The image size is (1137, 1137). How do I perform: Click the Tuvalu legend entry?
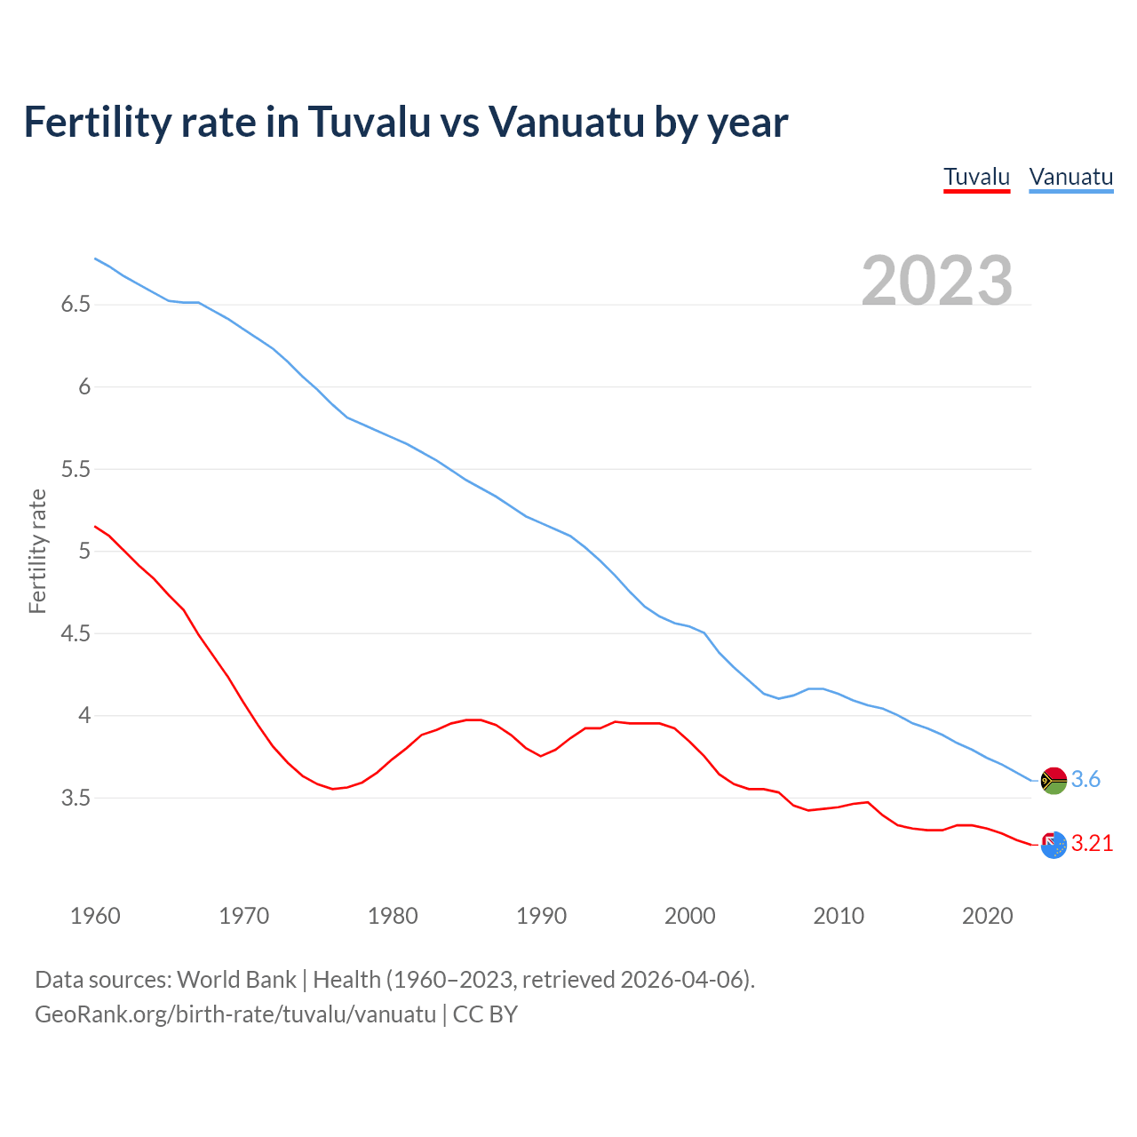(976, 177)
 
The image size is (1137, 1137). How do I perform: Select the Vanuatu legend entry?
(1070, 177)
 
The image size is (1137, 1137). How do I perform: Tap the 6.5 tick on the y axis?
(76, 305)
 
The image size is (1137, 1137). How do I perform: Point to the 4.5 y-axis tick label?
(76, 633)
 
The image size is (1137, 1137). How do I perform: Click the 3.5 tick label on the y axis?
(76, 798)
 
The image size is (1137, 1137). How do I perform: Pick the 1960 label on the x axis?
(95, 916)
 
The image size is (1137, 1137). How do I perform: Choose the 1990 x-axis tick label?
(541, 916)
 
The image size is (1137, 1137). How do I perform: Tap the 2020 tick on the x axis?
(987, 916)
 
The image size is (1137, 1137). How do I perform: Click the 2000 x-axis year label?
(689, 916)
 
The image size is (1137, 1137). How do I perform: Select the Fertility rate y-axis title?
(37, 551)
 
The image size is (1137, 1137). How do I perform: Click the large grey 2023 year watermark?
(936, 281)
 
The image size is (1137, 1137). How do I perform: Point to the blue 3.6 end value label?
(1085, 779)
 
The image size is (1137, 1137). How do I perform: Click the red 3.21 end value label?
(1092, 843)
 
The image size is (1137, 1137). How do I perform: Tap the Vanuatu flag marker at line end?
(1054, 780)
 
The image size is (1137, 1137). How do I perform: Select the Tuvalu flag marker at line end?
(1054, 845)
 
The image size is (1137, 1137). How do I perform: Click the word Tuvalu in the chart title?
(367, 122)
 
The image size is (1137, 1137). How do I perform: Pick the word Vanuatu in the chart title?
(566, 122)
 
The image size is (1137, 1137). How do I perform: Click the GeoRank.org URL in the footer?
(235, 1014)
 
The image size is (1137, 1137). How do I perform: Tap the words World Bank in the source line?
(236, 979)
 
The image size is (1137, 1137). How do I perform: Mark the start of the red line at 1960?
(95, 527)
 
